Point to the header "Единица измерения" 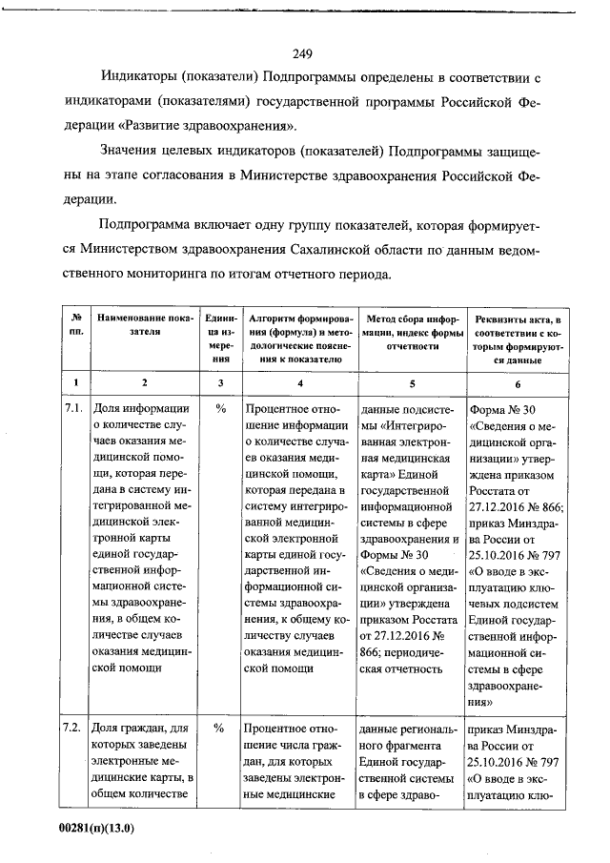221,338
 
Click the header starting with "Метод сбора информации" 412,331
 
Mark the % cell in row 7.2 220,729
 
